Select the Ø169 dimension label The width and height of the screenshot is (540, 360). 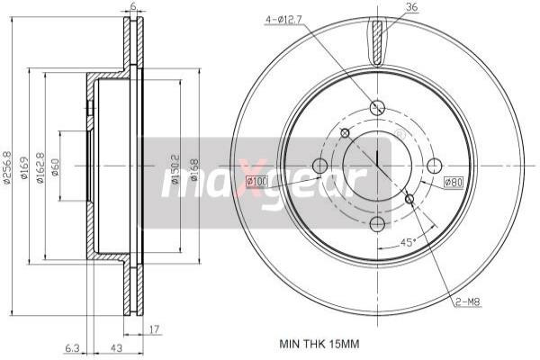tap(25, 168)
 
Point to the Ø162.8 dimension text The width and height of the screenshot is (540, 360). tap(40, 168)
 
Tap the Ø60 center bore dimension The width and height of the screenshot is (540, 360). tap(56, 168)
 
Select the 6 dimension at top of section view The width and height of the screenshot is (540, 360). tap(133, 7)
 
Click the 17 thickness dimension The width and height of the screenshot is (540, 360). tap(155, 328)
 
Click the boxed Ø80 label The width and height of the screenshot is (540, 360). tap(454, 183)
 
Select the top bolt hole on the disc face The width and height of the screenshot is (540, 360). tap(378, 107)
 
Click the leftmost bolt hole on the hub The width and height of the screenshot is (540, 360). tap(319, 166)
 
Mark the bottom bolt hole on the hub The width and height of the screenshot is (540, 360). tap(378, 223)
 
